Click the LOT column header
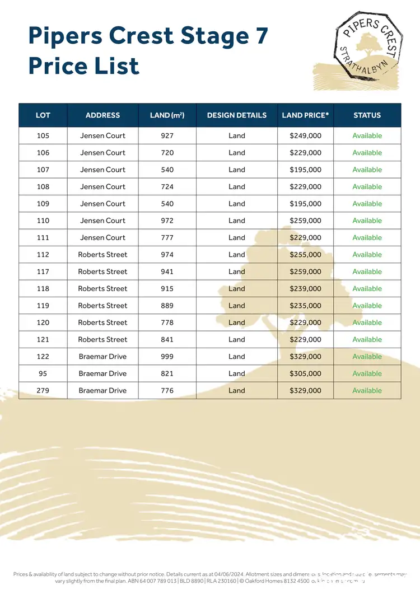[x=43, y=115]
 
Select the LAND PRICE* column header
[x=305, y=115]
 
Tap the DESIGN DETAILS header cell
[x=237, y=115]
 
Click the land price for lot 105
[x=305, y=135]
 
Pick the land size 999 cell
[x=167, y=357]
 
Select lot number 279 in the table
[x=43, y=390]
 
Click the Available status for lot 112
[x=367, y=255]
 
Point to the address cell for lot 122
[x=102, y=357]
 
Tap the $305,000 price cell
[x=305, y=373]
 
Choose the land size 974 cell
[x=167, y=255]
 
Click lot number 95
[x=43, y=373]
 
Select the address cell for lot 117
[x=102, y=272]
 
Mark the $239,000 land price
[x=305, y=289]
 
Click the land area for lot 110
[x=167, y=221]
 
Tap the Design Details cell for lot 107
[x=237, y=170]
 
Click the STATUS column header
[x=367, y=115]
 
